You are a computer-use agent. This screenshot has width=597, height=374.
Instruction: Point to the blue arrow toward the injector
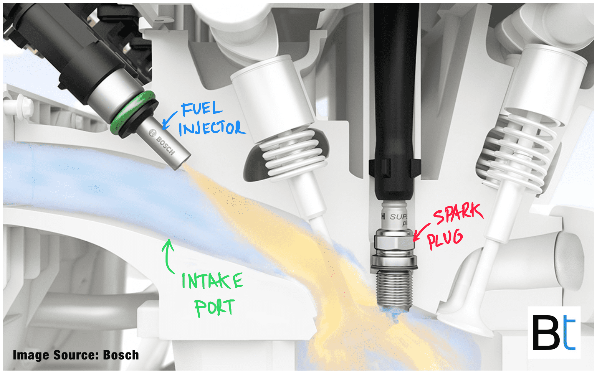(x=169, y=121)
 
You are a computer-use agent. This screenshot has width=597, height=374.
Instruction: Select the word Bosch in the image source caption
(x=121, y=355)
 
